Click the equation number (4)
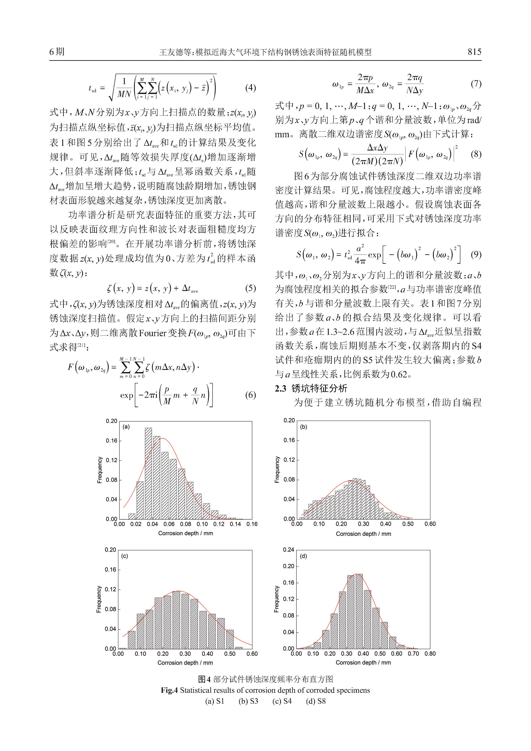pos(250,88)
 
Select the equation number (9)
pos(476,254)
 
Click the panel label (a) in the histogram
pos(126,426)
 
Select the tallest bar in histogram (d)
pos(359,611)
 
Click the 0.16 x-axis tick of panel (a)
pos(252,524)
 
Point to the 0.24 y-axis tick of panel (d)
pos(289,550)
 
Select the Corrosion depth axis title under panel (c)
pos(185,663)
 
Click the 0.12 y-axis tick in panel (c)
pos(110,589)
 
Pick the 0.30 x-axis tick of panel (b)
pos(363,524)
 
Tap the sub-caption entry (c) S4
pos(282,701)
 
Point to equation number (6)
pos(250,395)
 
